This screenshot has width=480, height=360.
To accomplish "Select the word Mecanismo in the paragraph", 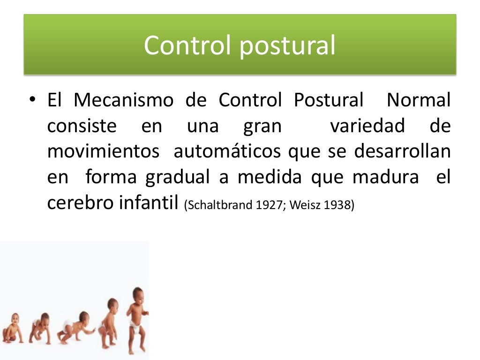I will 123,100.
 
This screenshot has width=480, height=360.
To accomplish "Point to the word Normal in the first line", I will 419,100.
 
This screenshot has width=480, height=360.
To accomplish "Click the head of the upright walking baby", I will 138,296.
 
